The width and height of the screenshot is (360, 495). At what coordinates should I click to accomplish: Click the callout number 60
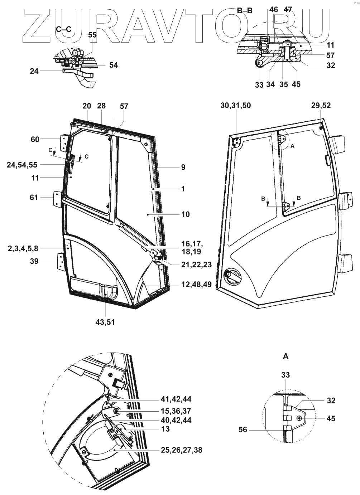[35, 140]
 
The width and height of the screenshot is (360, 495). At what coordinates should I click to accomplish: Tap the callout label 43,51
[105, 322]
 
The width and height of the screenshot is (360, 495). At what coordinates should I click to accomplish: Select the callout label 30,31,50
[236, 106]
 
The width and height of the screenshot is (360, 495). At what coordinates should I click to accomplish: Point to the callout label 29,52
[321, 106]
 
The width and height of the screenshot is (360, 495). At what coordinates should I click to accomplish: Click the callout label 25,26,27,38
[181, 450]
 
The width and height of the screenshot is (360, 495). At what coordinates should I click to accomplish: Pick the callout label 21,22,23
[192, 265]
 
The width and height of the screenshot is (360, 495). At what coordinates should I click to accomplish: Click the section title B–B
[245, 11]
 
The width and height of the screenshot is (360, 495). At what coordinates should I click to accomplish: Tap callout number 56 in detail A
[243, 429]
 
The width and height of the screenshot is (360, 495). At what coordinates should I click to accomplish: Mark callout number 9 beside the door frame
[183, 167]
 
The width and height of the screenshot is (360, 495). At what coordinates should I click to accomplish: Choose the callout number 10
[186, 214]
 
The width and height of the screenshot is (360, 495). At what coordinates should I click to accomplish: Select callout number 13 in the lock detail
[165, 429]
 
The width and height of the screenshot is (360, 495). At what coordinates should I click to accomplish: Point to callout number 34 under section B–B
[270, 85]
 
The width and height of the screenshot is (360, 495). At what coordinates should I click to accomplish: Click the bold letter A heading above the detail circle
[285, 356]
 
